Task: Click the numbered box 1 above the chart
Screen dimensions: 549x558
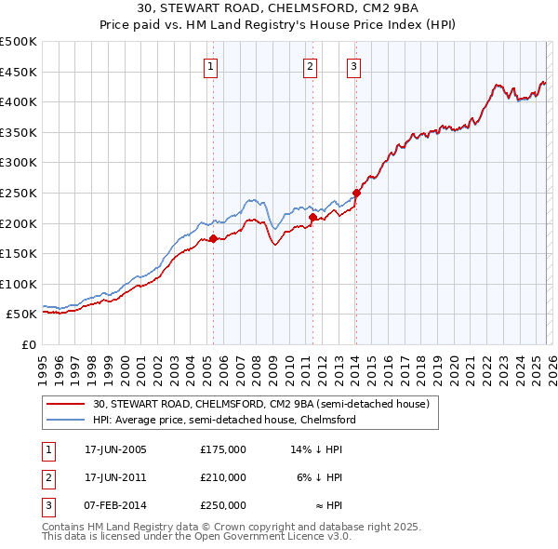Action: click(x=212, y=66)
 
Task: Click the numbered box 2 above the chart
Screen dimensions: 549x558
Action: click(x=310, y=66)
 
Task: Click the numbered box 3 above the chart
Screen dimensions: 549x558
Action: click(x=354, y=66)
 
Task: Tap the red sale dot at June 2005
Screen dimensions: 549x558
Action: click(x=213, y=239)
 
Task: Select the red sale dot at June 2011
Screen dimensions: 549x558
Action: click(x=312, y=218)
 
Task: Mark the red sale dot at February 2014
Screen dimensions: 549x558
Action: click(x=356, y=194)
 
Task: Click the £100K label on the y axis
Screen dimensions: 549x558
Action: click(x=19, y=284)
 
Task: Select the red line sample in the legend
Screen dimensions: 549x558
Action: click(x=66, y=405)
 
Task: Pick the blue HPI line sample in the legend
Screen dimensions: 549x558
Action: click(x=66, y=420)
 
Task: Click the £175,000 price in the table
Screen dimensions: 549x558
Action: click(x=223, y=449)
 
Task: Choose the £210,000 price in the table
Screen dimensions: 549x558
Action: click(x=223, y=477)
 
